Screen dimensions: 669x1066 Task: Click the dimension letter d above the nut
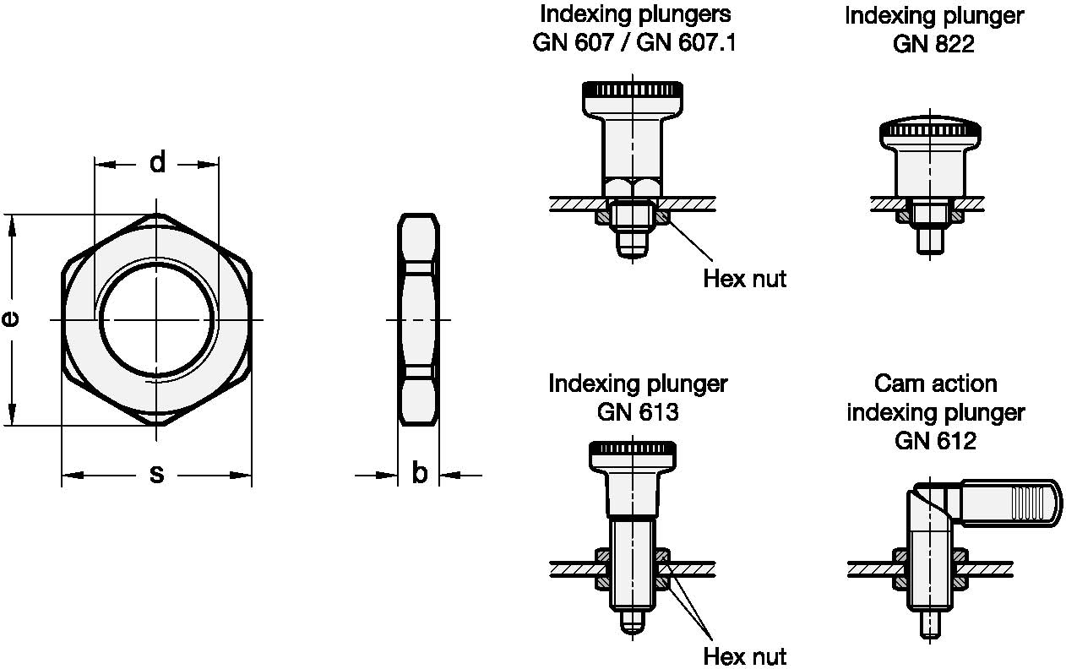[157, 162]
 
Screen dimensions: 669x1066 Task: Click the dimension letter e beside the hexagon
[11, 318]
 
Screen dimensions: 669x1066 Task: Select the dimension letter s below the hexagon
[156, 475]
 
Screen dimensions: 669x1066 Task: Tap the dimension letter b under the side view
[419, 475]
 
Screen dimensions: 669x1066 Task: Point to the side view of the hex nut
[419, 319]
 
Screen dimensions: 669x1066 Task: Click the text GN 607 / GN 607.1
[634, 42]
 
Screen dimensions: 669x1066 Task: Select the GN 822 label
[933, 43]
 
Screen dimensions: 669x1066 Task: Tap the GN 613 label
[638, 411]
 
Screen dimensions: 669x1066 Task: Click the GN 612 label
[934, 440]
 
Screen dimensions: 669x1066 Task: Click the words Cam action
[935, 383]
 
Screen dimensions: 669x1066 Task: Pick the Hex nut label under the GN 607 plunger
[744, 279]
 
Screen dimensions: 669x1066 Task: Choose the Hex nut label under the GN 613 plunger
[744, 655]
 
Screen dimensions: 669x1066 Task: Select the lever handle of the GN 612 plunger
[1009, 503]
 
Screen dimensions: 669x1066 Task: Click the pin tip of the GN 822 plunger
[929, 239]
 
